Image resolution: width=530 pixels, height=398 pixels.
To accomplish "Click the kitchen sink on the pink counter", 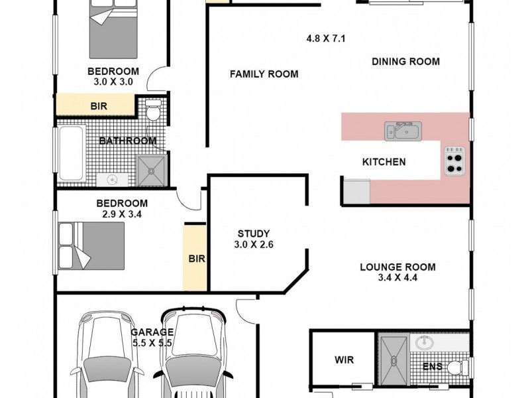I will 401,131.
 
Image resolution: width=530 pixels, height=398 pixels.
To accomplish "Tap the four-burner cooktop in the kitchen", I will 454,159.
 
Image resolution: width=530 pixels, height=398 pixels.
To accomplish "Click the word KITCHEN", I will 384,162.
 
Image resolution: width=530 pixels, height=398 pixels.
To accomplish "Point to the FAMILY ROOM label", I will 264,74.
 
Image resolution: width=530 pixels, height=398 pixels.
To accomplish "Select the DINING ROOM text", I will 405,62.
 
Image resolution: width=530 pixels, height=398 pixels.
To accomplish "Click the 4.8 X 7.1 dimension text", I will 326,38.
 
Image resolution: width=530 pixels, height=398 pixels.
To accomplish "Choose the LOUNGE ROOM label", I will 397,267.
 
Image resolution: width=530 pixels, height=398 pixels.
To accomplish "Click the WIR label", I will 344,360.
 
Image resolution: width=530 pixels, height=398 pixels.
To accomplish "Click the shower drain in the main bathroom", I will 151,170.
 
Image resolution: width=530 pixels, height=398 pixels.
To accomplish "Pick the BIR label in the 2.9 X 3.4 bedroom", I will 196,258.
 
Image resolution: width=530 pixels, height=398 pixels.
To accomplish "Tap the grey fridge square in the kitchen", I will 356,191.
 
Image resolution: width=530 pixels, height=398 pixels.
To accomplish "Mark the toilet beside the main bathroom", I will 152,110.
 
